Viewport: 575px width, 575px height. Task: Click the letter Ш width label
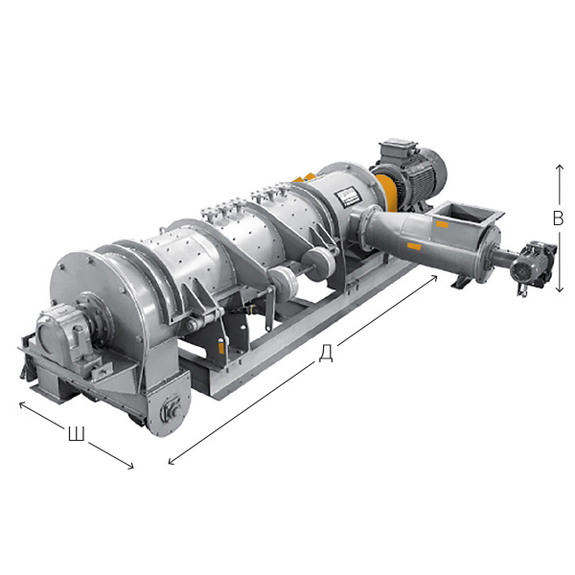(77, 434)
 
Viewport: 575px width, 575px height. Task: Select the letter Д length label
(325, 354)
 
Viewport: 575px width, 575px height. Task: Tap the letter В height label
(558, 218)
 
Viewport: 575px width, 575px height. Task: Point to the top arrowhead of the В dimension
(560, 167)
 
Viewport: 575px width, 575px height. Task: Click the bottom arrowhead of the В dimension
(560, 288)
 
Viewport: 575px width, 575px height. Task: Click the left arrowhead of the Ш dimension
(22, 404)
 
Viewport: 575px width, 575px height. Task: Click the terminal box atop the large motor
(399, 147)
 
